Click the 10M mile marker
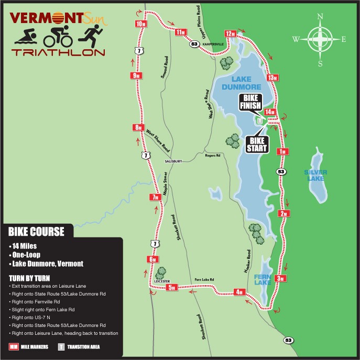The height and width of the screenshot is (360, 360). click(x=140, y=24)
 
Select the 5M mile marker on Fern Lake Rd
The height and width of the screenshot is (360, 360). click(x=173, y=287)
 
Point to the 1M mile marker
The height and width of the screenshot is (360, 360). click(x=283, y=152)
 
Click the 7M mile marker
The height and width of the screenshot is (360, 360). click(x=155, y=198)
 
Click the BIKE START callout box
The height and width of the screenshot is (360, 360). click(x=258, y=144)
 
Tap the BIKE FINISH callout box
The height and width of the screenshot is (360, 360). click(x=250, y=102)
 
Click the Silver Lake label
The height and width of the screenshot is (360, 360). click(x=316, y=175)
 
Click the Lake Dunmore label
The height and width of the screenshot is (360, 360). click(x=237, y=83)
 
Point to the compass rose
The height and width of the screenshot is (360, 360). click(x=320, y=39)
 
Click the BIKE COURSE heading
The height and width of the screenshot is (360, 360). click(x=37, y=231)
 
